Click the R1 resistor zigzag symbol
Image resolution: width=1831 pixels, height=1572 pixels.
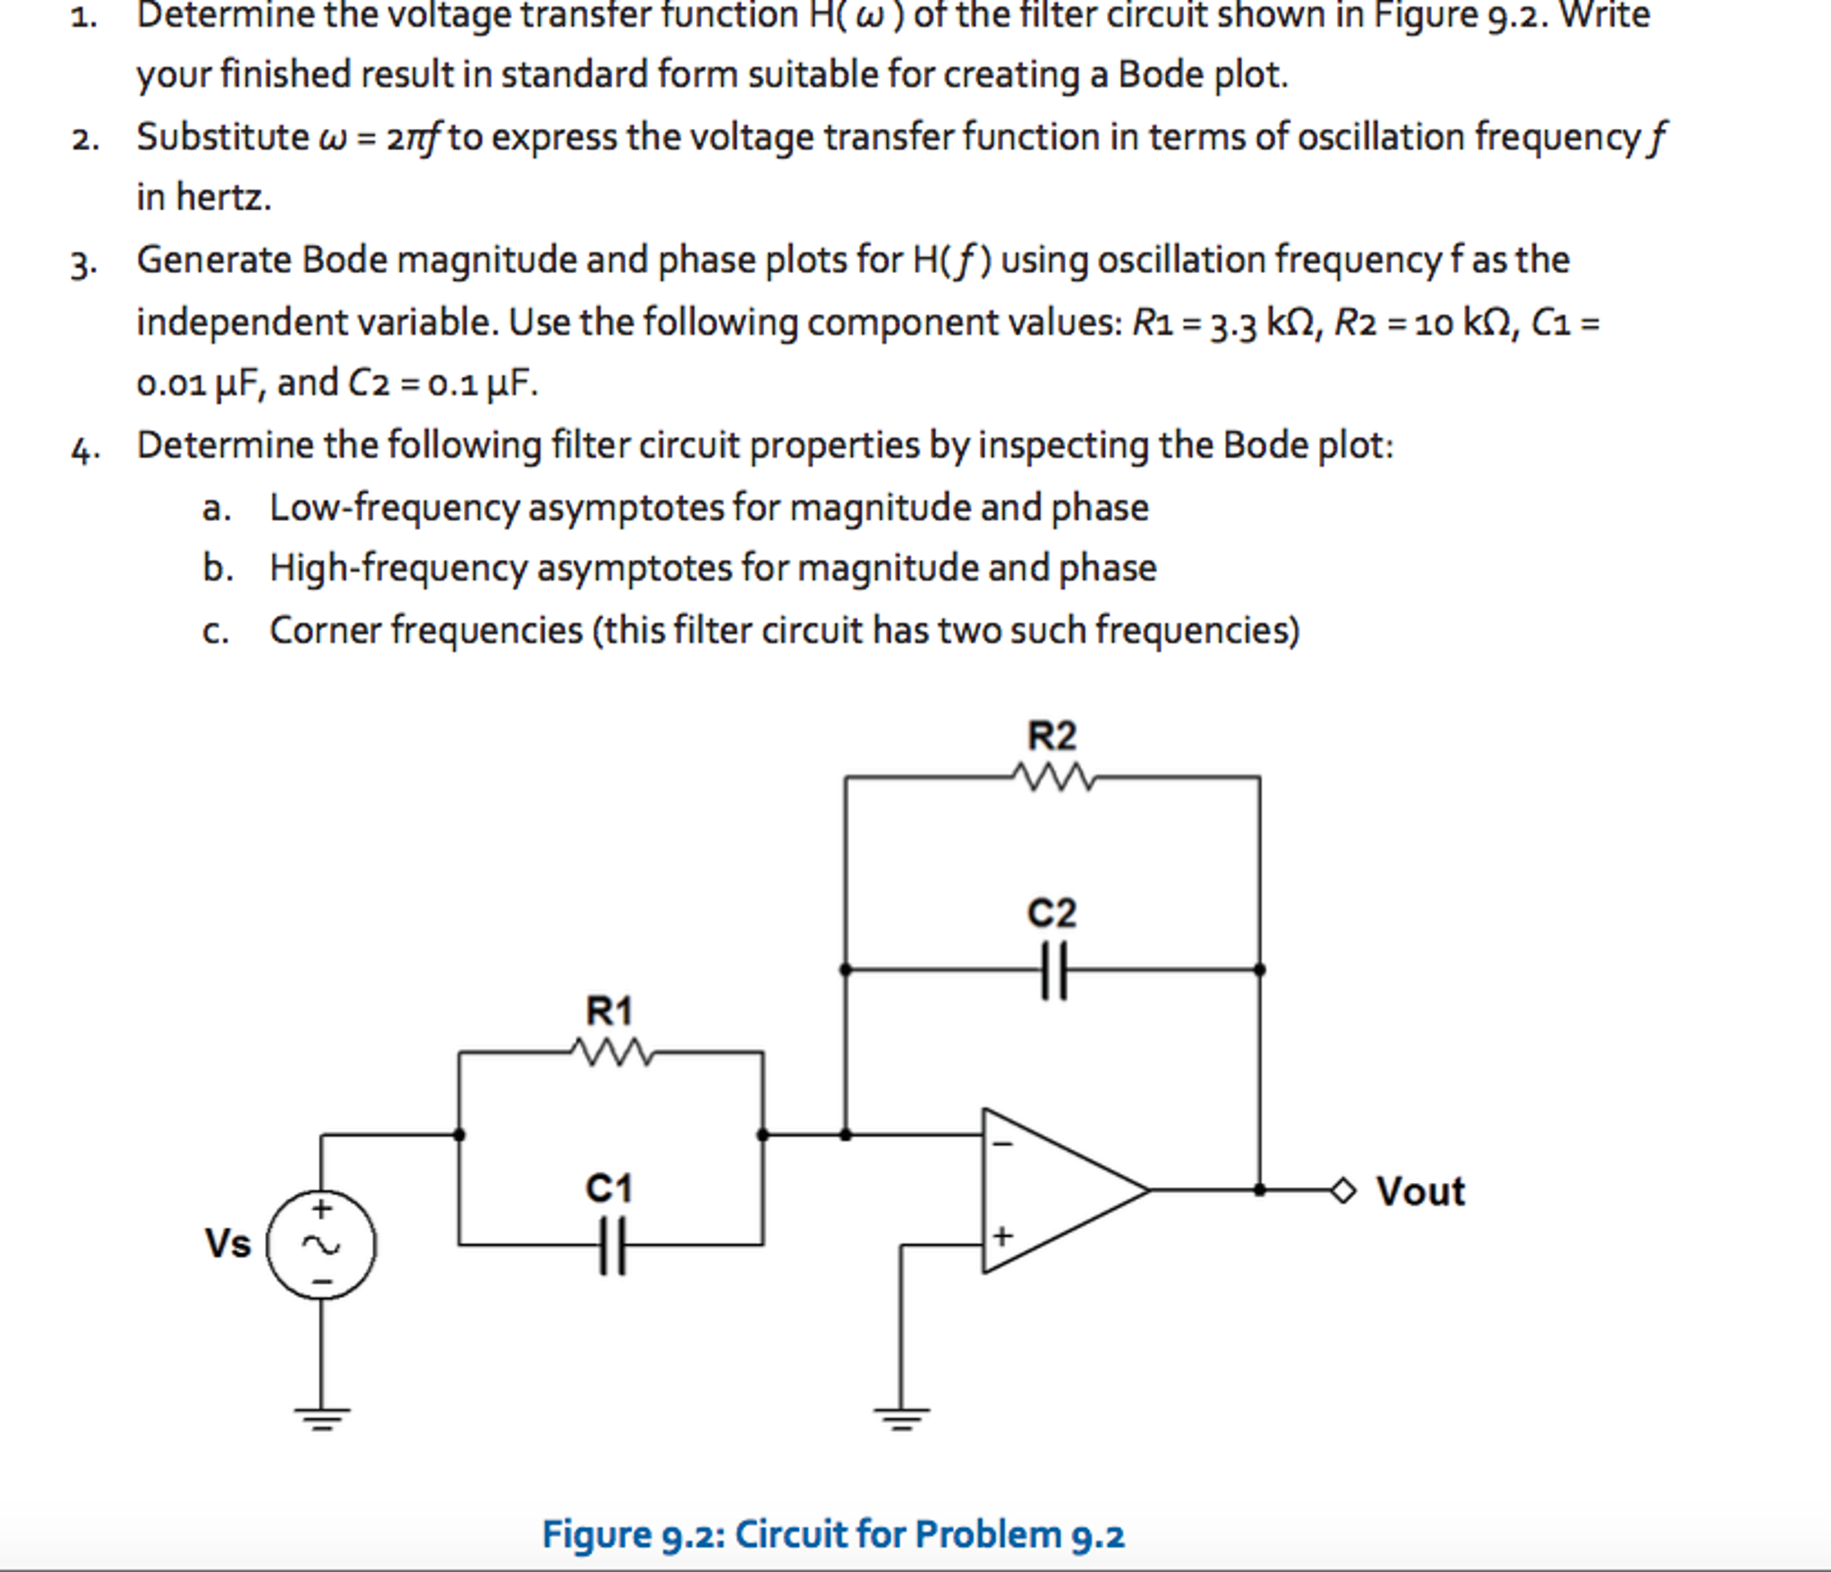612,1052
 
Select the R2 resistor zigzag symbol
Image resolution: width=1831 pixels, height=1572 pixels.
1053,777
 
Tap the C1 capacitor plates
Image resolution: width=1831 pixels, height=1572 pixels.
612,1245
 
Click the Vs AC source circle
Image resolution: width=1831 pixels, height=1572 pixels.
321,1245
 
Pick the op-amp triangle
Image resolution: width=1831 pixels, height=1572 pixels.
1056,1190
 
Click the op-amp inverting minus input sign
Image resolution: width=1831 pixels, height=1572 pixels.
1003,1143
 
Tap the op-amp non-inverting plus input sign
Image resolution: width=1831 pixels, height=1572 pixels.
1002,1236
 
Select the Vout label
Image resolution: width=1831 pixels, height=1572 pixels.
1420,1192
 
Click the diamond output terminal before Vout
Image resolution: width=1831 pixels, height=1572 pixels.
1343,1191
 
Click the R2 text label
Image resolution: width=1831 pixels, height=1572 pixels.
1052,735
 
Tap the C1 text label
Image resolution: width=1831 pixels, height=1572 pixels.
609,1188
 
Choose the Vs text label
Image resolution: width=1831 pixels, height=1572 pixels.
228,1244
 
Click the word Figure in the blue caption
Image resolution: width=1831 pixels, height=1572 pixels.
596,1534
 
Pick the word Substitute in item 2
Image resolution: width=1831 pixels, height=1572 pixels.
222,137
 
